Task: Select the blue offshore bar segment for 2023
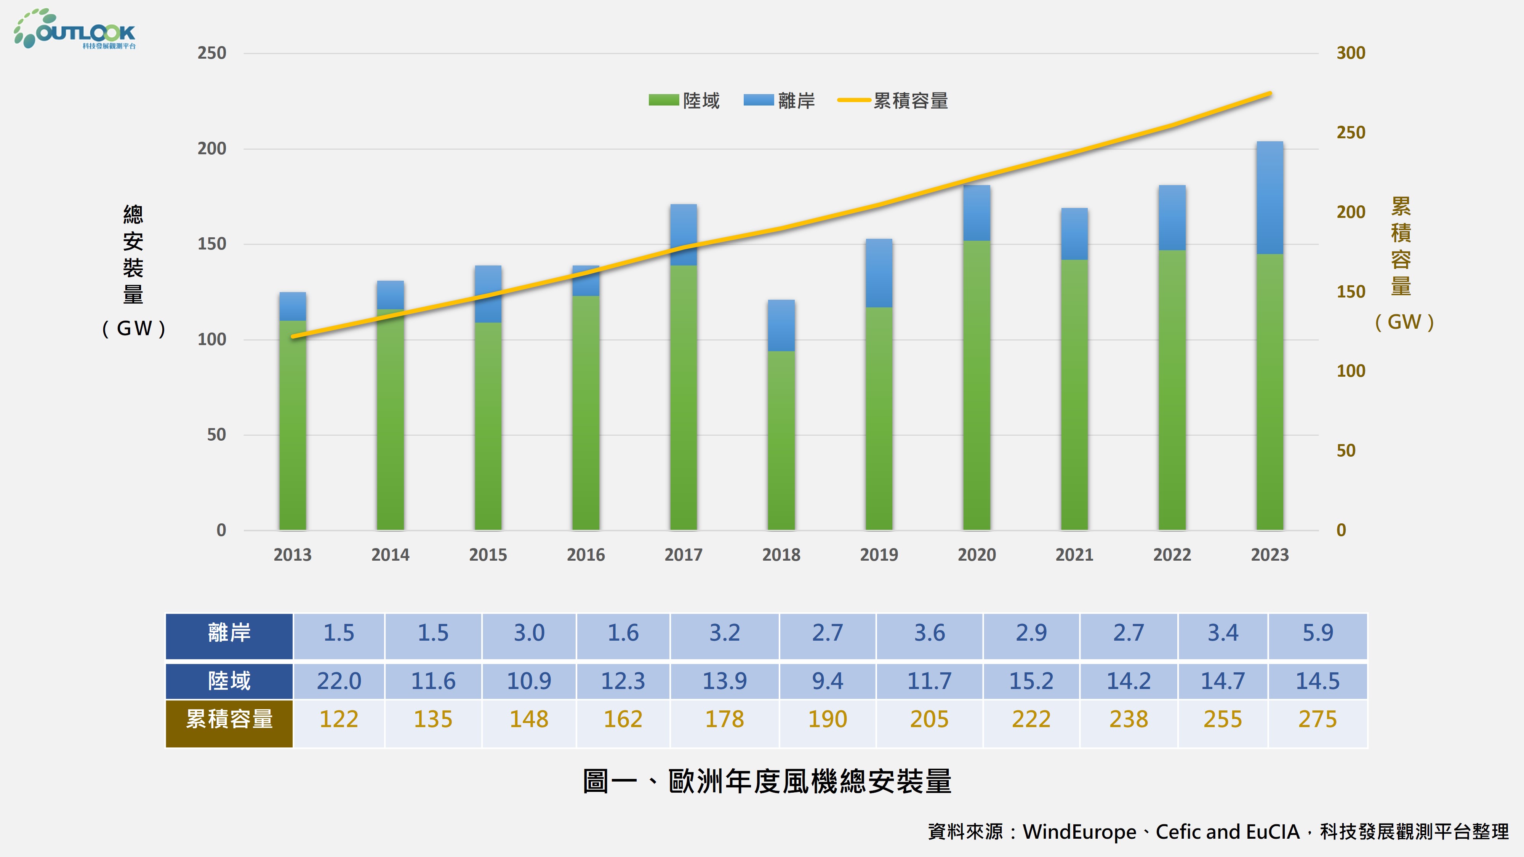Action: [x=1269, y=198]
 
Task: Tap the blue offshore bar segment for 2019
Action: [x=879, y=273]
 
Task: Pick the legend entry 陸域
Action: [x=685, y=101]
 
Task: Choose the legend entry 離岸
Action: [x=780, y=101]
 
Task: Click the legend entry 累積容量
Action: [x=893, y=101]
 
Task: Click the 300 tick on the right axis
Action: [x=1351, y=53]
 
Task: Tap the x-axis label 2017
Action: [x=683, y=555]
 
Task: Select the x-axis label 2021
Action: [x=1074, y=555]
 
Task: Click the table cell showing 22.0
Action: [x=338, y=681]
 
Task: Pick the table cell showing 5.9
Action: [x=1317, y=633]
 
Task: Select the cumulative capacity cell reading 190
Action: [x=827, y=719]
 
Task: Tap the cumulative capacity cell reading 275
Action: [x=1317, y=719]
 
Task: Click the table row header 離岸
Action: [x=229, y=633]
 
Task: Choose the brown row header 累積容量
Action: [x=229, y=719]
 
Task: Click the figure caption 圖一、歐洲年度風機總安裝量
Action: [x=767, y=781]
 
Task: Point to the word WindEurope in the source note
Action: [x=1079, y=831]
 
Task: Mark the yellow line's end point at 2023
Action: [x=1269, y=93]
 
